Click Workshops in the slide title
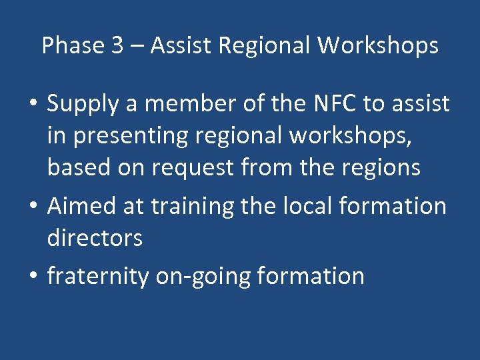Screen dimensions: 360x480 [x=377, y=46]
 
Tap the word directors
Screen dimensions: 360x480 [x=95, y=238]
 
